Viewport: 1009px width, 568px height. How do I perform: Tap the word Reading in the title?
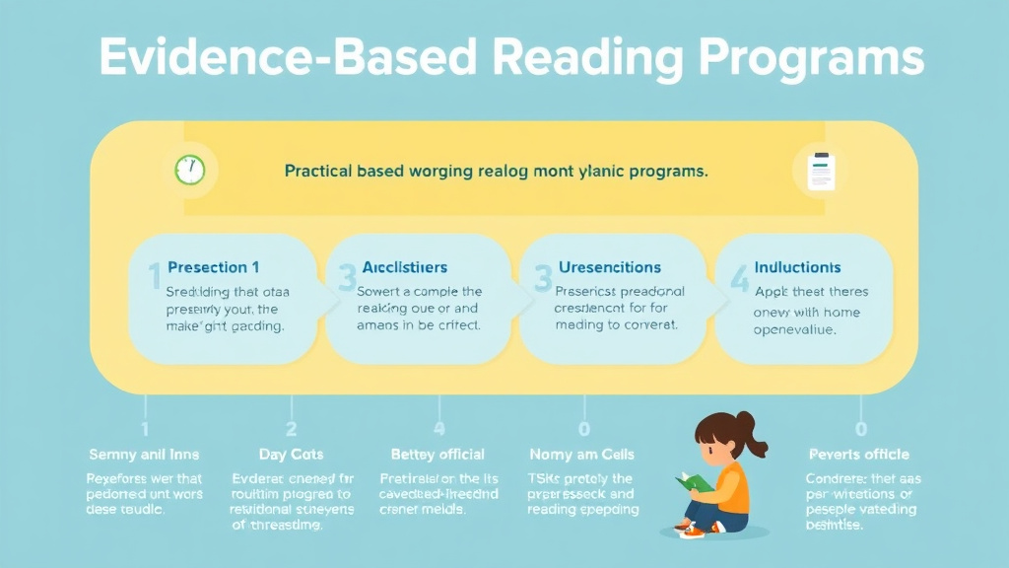coord(590,58)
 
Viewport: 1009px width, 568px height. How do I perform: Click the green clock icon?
coord(189,170)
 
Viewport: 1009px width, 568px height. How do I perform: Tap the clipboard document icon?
coord(819,171)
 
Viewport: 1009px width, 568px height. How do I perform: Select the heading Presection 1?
coord(214,267)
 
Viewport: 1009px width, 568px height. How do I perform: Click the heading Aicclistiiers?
coord(404,267)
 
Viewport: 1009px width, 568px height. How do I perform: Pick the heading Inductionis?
coord(797,267)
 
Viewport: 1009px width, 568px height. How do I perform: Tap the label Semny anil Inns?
coord(143,455)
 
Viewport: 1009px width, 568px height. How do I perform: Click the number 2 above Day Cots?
coord(291,429)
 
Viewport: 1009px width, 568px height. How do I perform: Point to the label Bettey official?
coord(437,455)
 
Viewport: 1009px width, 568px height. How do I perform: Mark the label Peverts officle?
coord(859,455)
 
